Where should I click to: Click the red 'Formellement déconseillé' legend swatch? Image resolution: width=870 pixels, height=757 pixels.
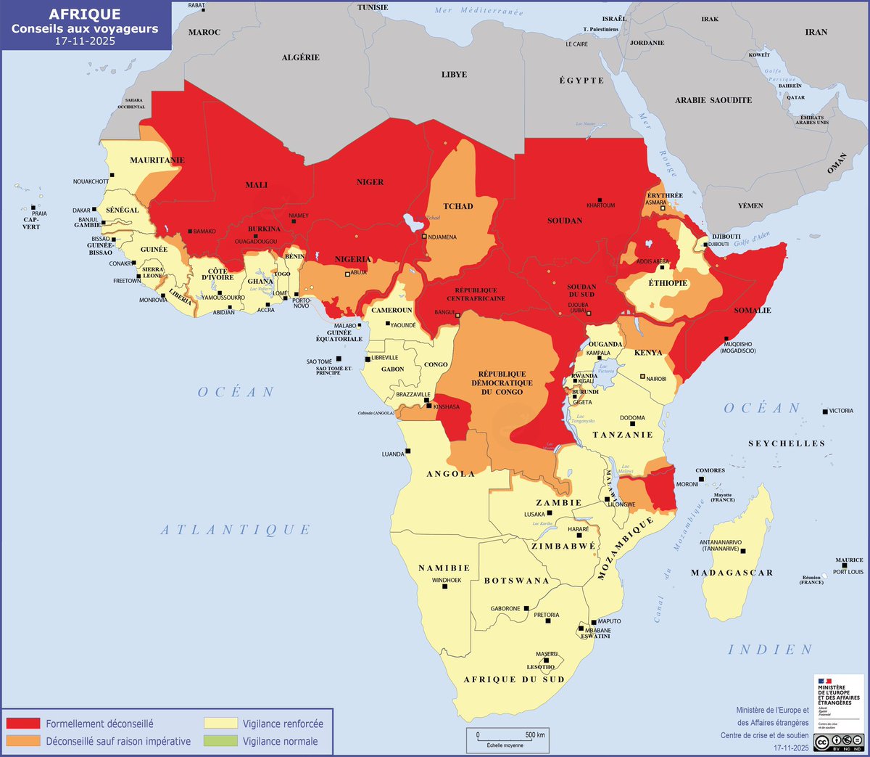point(23,724)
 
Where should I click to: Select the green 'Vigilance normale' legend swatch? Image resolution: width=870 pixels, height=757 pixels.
point(220,741)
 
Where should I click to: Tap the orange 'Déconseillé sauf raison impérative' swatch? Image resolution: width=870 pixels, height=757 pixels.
point(23,741)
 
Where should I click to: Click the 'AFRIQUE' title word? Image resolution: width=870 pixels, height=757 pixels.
point(85,15)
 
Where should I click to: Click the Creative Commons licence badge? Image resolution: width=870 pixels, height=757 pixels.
point(838,742)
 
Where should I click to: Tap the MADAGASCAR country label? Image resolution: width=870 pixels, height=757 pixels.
point(732,573)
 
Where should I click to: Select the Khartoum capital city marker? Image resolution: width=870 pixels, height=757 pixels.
point(600,200)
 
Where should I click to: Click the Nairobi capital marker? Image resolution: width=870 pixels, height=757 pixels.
point(642,377)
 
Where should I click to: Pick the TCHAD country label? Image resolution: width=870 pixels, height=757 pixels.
point(458,206)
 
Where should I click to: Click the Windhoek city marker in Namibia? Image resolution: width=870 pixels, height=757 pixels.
point(445,586)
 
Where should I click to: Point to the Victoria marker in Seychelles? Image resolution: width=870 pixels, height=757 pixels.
point(825,412)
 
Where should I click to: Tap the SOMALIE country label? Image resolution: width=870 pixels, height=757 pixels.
point(753,310)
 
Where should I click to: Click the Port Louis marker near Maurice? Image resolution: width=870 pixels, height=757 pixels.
point(845,565)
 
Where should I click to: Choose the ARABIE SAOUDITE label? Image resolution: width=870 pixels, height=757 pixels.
point(713,100)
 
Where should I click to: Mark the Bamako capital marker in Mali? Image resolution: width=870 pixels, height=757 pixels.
point(190,231)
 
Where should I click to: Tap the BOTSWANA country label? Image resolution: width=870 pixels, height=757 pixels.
point(516,581)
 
